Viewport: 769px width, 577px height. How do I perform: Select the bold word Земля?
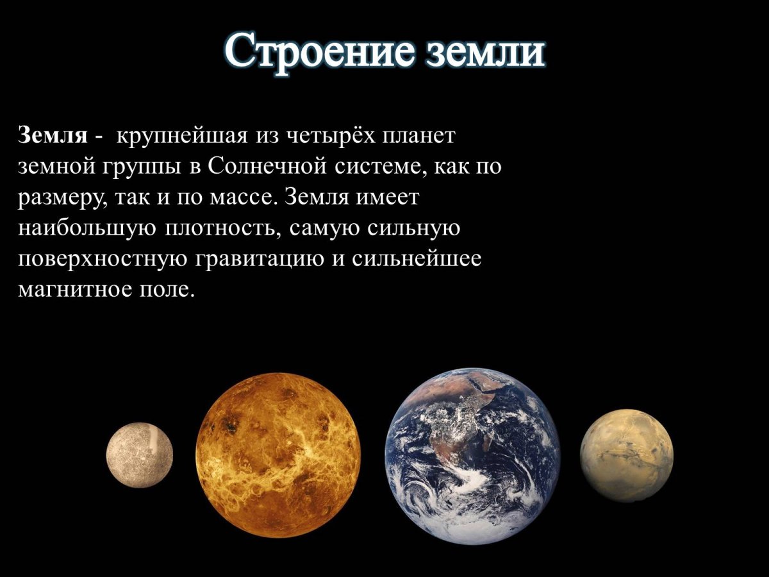pos(53,136)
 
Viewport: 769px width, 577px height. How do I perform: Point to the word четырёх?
pos(324,136)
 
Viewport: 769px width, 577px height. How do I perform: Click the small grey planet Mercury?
pos(140,455)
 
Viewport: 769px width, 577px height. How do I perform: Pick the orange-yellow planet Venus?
pos(278,455)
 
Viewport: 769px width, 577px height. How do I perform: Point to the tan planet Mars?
pos(626,455)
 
